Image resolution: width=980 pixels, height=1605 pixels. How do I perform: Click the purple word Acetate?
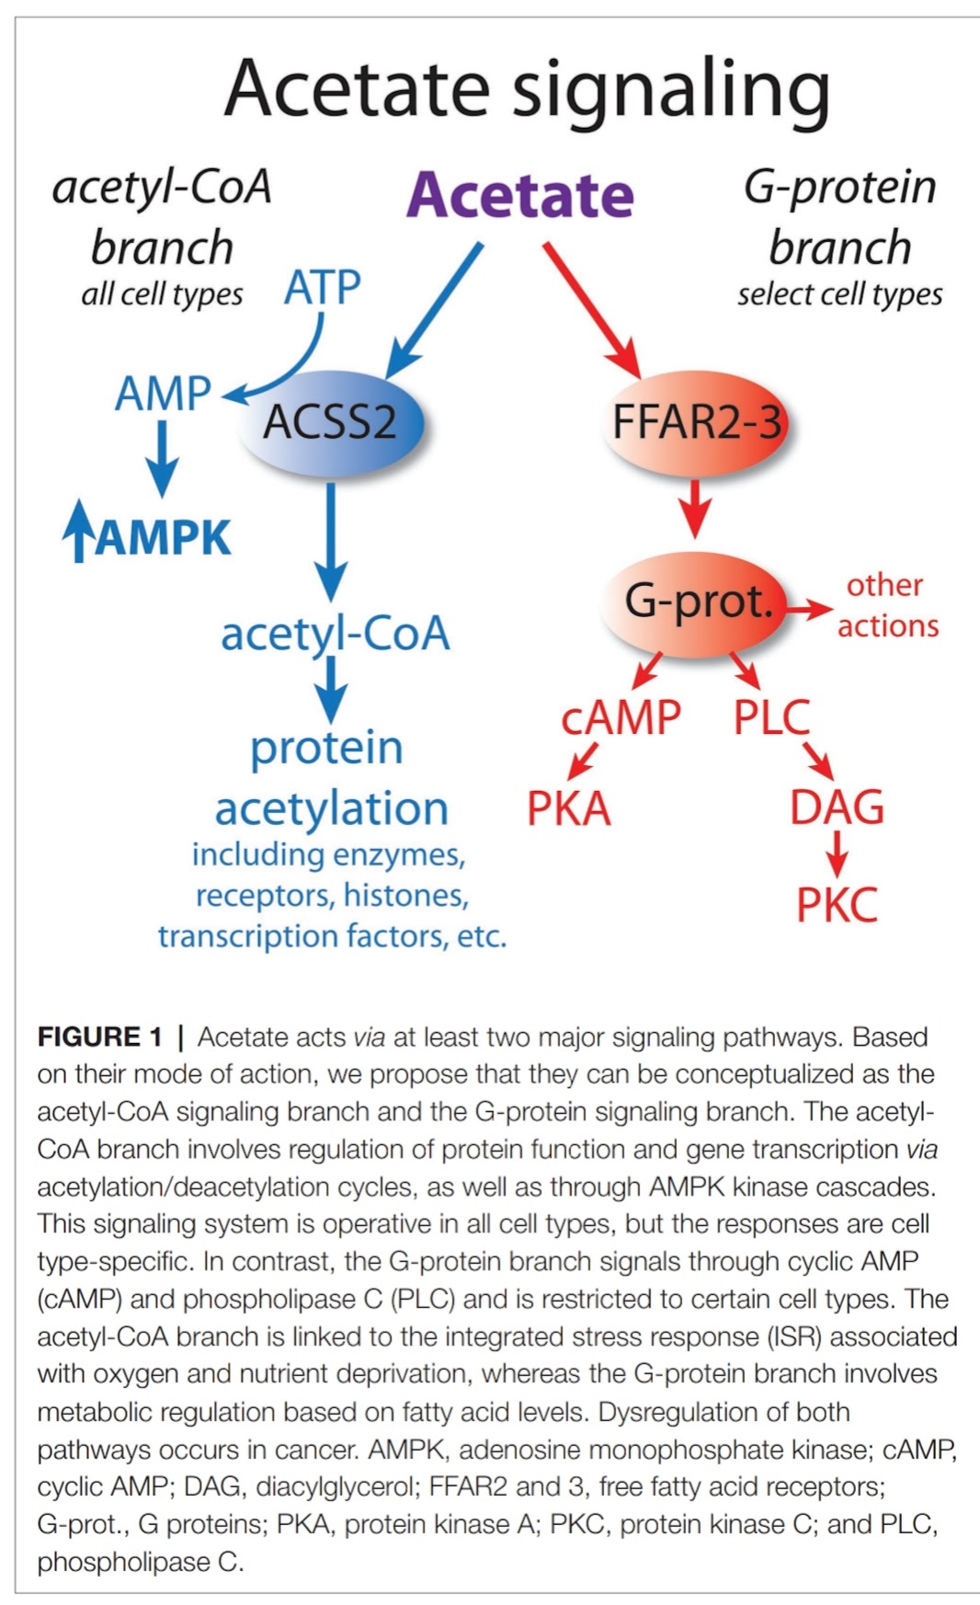point(520,195)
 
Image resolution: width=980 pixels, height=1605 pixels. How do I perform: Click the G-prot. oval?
point(696,602)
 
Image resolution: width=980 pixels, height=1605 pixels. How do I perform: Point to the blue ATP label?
point(322,288)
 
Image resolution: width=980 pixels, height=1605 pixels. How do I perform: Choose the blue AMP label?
point(163,394)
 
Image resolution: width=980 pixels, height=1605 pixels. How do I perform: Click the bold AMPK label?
point(163,538)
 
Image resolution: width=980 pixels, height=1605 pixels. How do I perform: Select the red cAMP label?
point(621,717)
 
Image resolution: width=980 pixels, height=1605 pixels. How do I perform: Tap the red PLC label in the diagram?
point(771,717)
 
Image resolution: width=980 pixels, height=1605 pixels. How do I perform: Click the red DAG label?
point(837,808)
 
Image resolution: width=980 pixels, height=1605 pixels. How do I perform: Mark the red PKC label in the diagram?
point(837,905)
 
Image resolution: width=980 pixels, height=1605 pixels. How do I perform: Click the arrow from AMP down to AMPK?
point(163,457)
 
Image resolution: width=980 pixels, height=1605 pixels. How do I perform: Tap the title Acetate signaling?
point(527,90)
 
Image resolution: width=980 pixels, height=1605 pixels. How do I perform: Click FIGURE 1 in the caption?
point(99,1038)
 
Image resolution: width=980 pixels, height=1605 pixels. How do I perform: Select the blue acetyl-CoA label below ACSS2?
point(335,634)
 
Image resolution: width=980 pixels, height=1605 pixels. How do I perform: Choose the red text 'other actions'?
point(886,605)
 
